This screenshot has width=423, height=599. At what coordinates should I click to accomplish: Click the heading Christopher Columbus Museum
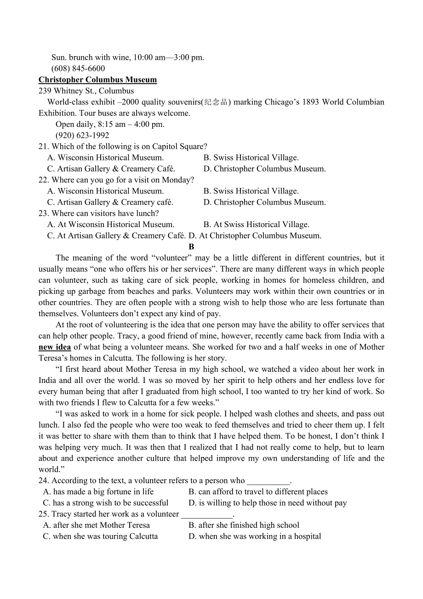(x=97, y=80)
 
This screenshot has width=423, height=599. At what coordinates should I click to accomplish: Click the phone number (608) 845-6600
(x=78, y=68)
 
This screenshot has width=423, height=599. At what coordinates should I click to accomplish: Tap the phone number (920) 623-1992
(x=82, y=135)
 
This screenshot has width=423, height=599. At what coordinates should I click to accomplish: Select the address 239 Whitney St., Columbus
(x=86, y=91)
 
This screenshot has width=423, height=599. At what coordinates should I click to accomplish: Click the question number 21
(x=44, y=147)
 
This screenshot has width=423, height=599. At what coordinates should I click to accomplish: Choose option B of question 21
(x=251, y=158)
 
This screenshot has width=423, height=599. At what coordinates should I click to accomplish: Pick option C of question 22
(x=110, y=202)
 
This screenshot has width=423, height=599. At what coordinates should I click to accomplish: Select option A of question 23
(x=111, y=224)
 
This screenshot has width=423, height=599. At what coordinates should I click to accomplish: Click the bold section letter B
(x=192, y=247)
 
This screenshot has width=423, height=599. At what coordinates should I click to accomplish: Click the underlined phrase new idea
(x=55, y=347)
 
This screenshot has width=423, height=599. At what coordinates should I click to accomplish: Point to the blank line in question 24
(x=269, y=481)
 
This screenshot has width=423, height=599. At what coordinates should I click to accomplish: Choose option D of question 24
(x=268, y=503)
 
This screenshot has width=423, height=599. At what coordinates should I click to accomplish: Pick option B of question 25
(x=244, y=525)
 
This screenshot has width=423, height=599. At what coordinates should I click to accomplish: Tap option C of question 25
(x=100, y=536)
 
